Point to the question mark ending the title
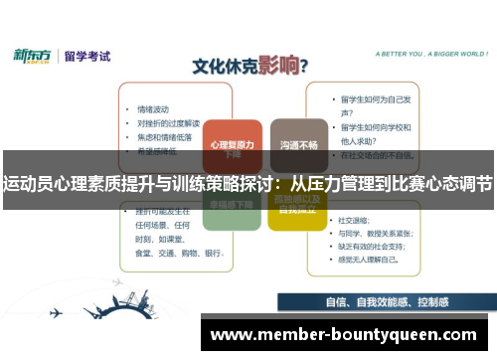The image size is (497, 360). point(303,66)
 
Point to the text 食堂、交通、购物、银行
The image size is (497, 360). point(170,253)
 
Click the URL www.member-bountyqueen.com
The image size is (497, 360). point(344,334)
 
